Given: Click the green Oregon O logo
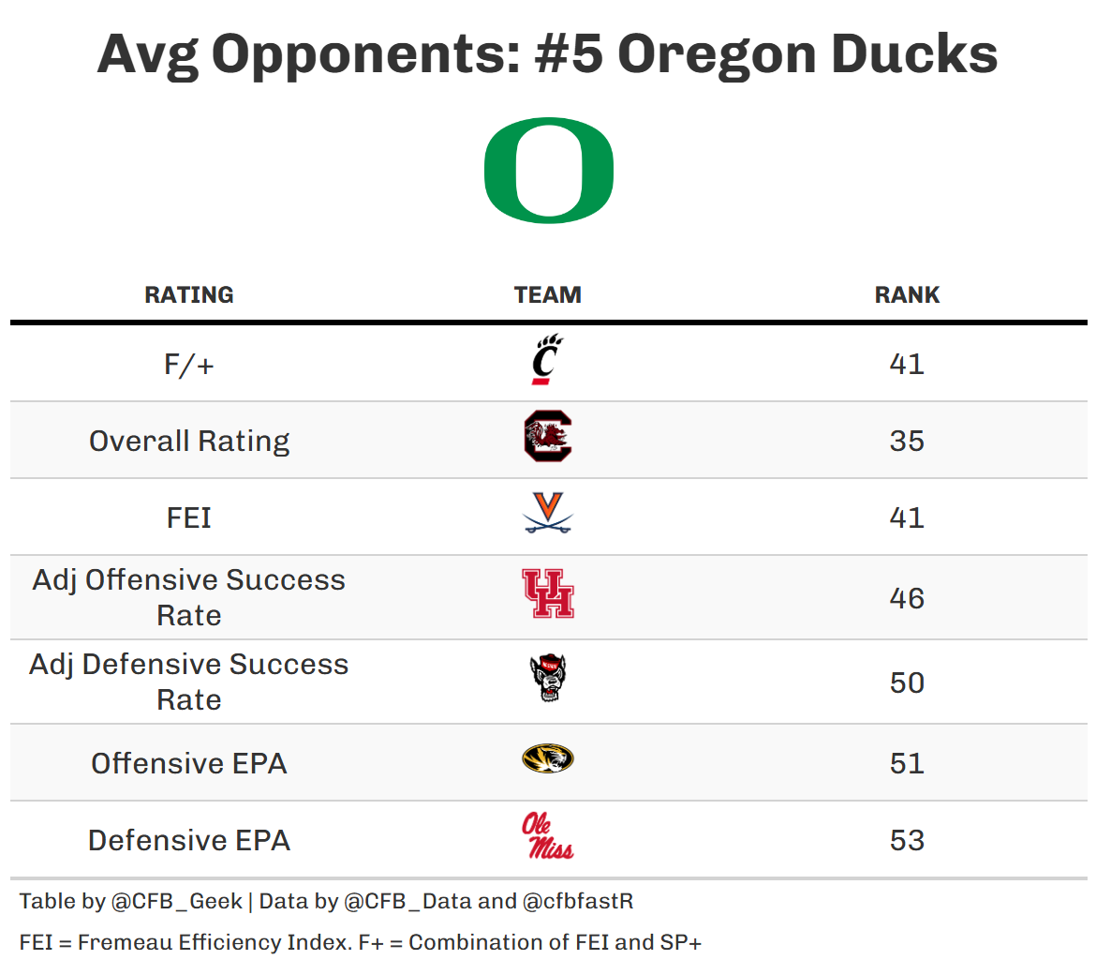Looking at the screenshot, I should click(549, 171).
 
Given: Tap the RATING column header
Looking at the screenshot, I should click(189, 294).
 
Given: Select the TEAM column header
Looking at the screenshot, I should click(548, 294).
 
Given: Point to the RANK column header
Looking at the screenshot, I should click(907, 294).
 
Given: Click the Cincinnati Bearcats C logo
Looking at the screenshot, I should click(547, 361).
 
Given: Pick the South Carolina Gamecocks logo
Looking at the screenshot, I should click(548, 437).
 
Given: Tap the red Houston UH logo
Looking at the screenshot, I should click(548, 593).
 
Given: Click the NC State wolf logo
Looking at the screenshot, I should click(548, 678).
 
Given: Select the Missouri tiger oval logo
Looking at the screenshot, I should click(548, 758).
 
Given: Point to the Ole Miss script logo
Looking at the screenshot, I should click(548, 836).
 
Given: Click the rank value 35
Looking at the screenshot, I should click(907, 441).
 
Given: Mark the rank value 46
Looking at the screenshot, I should click(907, 598).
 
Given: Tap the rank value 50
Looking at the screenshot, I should click(907, 682).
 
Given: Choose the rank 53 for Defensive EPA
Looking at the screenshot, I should click(907, 840).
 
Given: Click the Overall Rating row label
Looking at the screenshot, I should click(189, 441).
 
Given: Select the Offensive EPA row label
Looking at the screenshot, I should click(189, 763).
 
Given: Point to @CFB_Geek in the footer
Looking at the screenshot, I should click(177, 902).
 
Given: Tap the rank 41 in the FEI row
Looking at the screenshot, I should click(907, 517).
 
